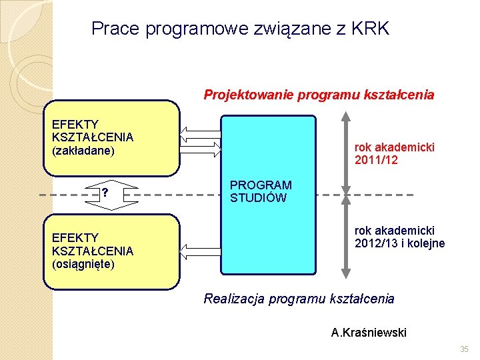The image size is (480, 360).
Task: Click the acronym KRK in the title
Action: (369, 29)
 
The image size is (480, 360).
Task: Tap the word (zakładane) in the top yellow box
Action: (83, 151)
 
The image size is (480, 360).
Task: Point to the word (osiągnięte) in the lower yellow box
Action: (83, 264)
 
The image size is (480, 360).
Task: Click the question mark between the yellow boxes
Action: (105, 194)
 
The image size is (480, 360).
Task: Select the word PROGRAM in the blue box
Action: (261, 185)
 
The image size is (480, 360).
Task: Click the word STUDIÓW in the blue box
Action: (258, 197)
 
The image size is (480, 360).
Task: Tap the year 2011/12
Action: (377, 160)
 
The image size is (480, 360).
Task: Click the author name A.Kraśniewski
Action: (369, 332)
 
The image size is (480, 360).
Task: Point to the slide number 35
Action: (464, 349)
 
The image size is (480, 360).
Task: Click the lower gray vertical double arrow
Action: (345, 237)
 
